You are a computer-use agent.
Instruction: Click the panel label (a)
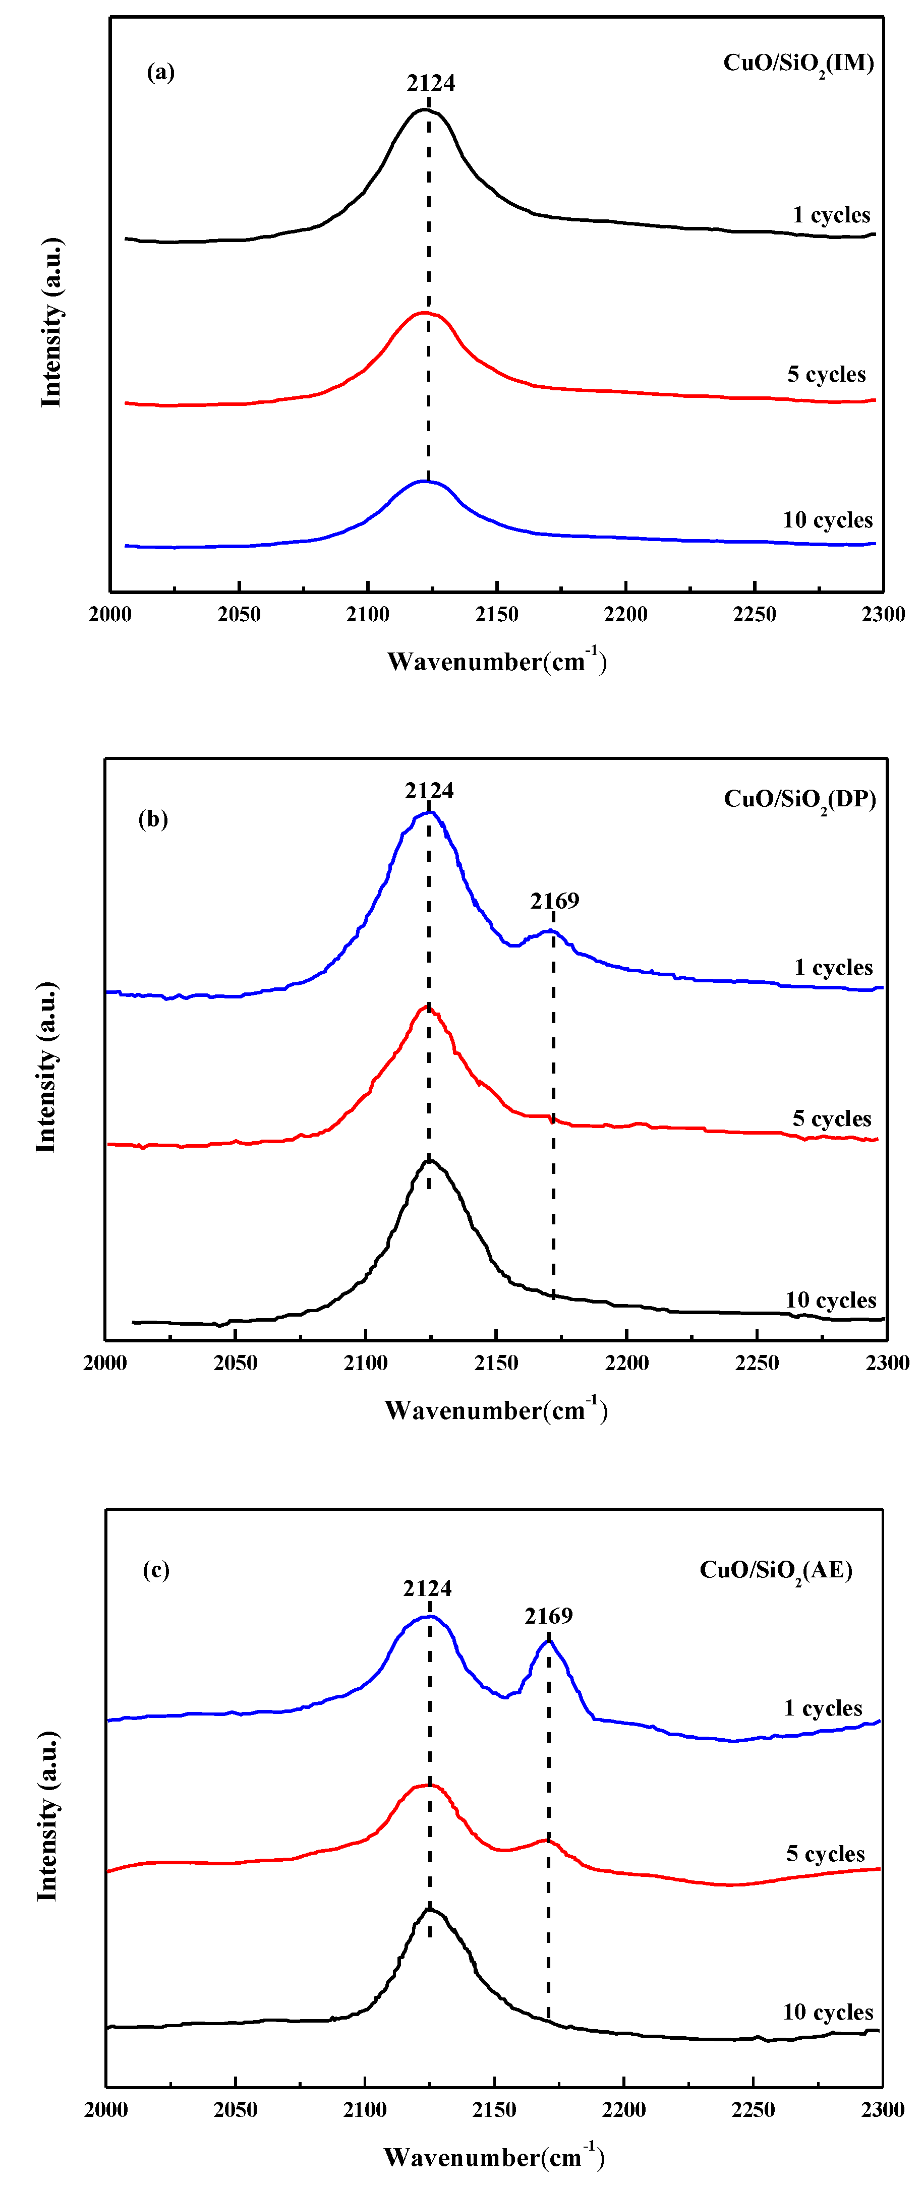pos(160,72)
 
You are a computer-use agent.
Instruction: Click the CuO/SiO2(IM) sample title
pos(798,64)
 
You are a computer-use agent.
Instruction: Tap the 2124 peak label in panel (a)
pos(431,83)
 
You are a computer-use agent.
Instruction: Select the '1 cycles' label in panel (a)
pos(831,215)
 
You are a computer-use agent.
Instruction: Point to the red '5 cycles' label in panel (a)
pos(826,375)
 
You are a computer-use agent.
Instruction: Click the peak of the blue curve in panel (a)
pos(425,482)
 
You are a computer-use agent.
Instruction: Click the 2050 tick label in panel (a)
pos(239,614)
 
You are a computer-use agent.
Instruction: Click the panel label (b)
pos(153,819)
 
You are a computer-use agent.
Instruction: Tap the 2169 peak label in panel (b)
pos(554,900)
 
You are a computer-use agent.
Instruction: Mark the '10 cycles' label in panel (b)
pos(830,1300)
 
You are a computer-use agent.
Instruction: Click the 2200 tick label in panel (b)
pos(626,1363)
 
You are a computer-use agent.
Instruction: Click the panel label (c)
pos(155,1570)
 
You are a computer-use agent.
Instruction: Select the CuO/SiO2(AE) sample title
pos(776,1570)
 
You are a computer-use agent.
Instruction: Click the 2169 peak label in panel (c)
pos(548,1616)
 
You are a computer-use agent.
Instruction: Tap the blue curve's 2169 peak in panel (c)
pos(549,1641)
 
